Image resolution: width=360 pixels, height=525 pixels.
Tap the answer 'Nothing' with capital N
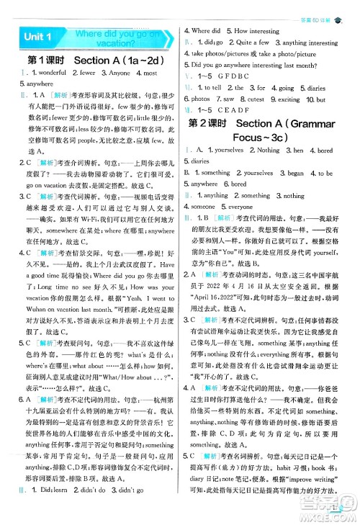(268, 151)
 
